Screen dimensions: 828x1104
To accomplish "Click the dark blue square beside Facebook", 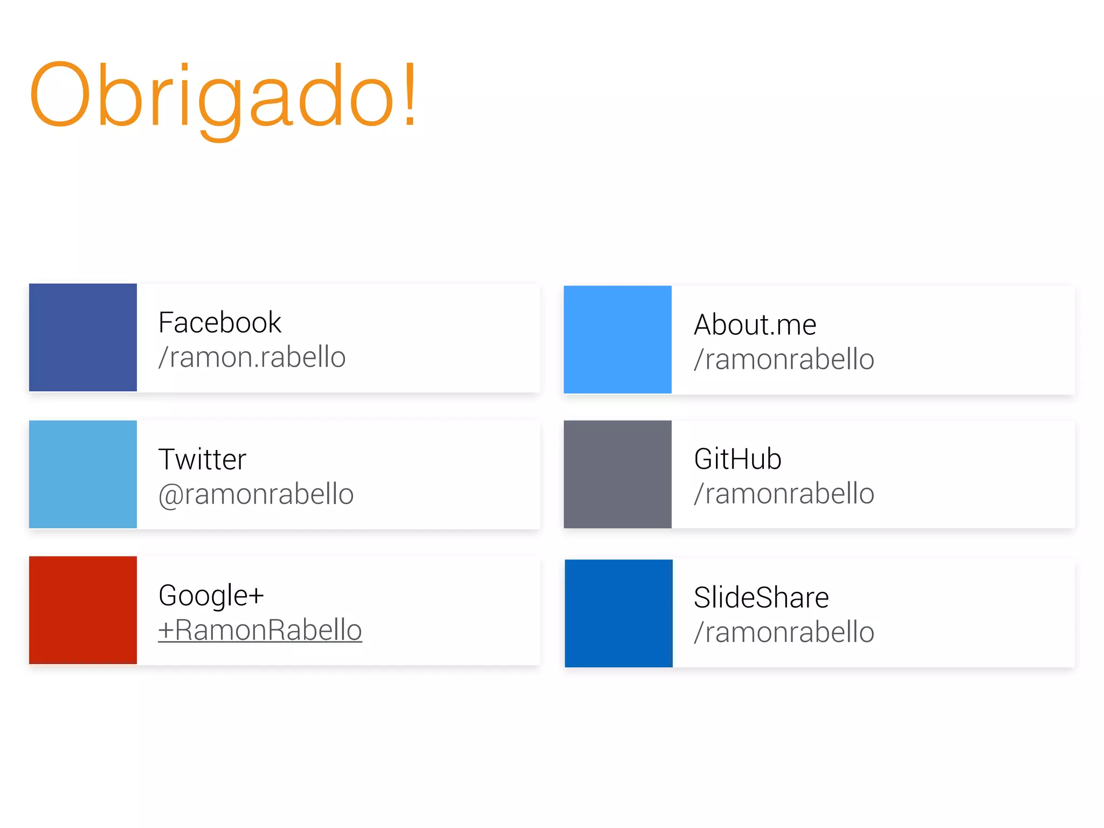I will [83, 337].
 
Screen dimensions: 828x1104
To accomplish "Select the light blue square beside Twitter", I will [83, 474].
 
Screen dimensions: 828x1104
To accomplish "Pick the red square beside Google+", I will [83, 610].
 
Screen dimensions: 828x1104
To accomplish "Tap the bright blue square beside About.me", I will [618, 340].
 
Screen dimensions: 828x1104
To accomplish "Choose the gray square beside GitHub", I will [618, 474].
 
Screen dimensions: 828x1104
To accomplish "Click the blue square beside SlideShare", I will [619, 613].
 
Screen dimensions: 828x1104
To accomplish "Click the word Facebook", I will [219, 323].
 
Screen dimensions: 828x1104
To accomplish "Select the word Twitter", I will [202, 460].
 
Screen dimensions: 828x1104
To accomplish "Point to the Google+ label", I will [211, 596].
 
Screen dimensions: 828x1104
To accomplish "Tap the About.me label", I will [755, 325].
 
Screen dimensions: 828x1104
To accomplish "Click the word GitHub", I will [737, 459].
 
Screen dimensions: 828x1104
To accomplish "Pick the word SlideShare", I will [761, 598].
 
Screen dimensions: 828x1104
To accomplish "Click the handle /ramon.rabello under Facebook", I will [252, 357].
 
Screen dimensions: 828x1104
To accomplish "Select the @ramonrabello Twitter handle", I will [256, 494].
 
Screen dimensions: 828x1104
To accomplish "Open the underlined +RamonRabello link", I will [260, 630].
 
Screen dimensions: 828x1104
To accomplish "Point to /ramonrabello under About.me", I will [784, 360].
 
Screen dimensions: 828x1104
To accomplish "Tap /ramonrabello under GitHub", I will [784, 494].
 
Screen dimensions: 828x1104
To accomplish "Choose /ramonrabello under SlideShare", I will [784, 632].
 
